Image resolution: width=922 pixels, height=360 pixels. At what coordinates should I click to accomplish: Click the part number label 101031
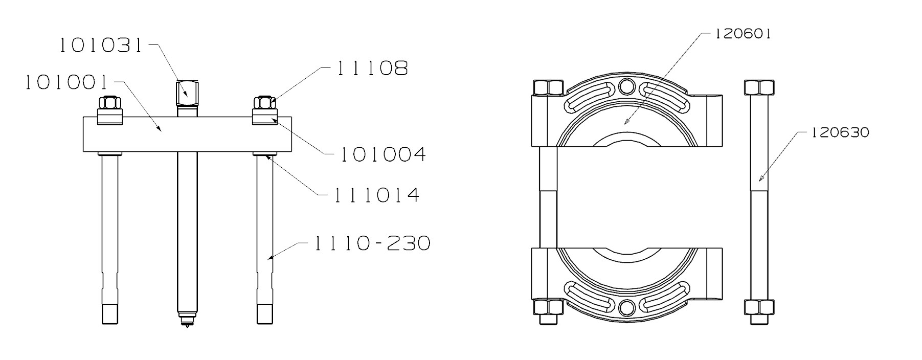coord(100,46)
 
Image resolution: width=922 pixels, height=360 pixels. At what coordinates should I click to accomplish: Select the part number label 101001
coord(66,82)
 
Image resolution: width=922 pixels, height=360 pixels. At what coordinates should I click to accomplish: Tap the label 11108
coord(372,68)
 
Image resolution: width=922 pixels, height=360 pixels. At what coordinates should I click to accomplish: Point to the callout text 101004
coord(383,154)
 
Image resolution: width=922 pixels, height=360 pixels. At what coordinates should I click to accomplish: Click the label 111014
coord(377,195)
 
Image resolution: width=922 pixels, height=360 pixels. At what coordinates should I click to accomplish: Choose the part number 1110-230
coord(371,243)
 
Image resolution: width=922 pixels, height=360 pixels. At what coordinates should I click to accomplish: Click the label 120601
coord(743,34)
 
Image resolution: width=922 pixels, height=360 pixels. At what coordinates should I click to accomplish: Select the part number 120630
coord(840,132)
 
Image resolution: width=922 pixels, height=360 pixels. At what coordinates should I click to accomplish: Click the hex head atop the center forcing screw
coord(188,92)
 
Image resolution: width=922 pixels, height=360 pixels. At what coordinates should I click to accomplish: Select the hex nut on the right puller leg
coord(264,104)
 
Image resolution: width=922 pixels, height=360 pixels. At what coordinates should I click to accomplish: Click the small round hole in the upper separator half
coord(626,87)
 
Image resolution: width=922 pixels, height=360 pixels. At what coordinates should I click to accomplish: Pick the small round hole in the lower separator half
coord(626,307)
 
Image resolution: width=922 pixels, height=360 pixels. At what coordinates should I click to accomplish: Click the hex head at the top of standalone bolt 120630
coord(760,87)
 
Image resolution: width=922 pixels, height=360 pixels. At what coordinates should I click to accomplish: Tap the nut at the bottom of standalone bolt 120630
coord(760,308)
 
